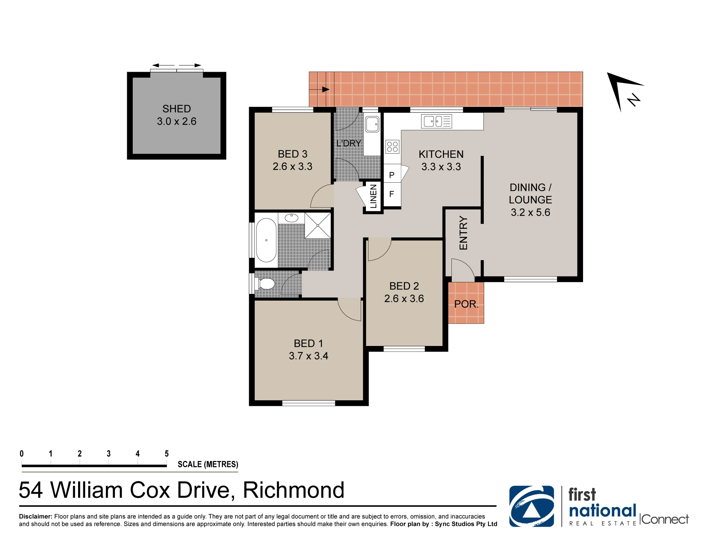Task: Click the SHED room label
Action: (177, 109)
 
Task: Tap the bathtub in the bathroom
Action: (266, 240)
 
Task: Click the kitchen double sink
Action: (437, 121)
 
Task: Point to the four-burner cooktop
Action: (392, 147)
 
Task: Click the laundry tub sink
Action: (372, 124)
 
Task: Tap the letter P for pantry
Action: (392, 175)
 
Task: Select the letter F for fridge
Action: (392, 194)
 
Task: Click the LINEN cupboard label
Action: (374, 196)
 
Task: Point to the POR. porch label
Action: (466, 304)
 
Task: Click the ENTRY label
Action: (463, 233)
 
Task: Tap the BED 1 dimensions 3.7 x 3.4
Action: (309, 356)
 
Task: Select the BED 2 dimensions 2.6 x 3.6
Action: (404, 299)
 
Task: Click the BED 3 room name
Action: (293, 154)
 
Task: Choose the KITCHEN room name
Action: (441, 154)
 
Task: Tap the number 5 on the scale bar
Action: (167, 453)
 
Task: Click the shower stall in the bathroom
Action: (318, 225)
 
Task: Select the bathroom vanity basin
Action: (292, 218)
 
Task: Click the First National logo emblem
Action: (532, 506)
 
